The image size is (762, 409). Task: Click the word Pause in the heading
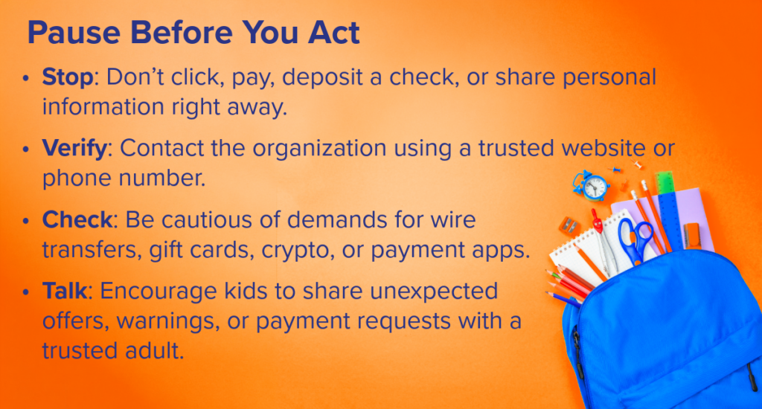[74, 33]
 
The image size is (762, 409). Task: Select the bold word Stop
[68, 77]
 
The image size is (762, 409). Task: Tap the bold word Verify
[74, 148]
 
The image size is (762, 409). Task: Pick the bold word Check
[77, 219]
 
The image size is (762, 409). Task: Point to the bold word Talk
[65, 291]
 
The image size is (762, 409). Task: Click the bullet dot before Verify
[26, 149]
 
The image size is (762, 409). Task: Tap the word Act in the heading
[334, 33]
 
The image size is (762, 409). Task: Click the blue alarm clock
[592, 186]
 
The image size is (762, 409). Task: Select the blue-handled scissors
[635, 240]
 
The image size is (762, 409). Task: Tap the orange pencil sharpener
[569, 225]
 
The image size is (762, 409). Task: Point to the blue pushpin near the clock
[615, 170]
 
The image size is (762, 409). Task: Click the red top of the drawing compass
[596, 221]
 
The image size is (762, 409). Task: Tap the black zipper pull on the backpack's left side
[577, 349]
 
